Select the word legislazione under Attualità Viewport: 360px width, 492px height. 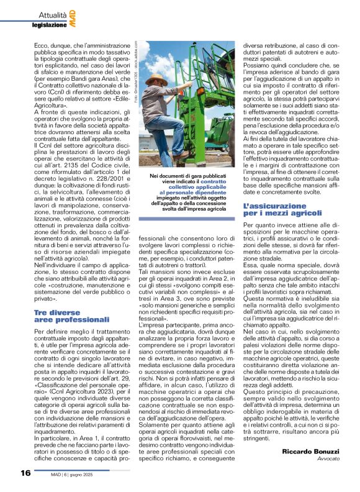[x=49, y=24]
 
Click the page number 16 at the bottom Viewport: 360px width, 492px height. [x=25, y=473]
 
